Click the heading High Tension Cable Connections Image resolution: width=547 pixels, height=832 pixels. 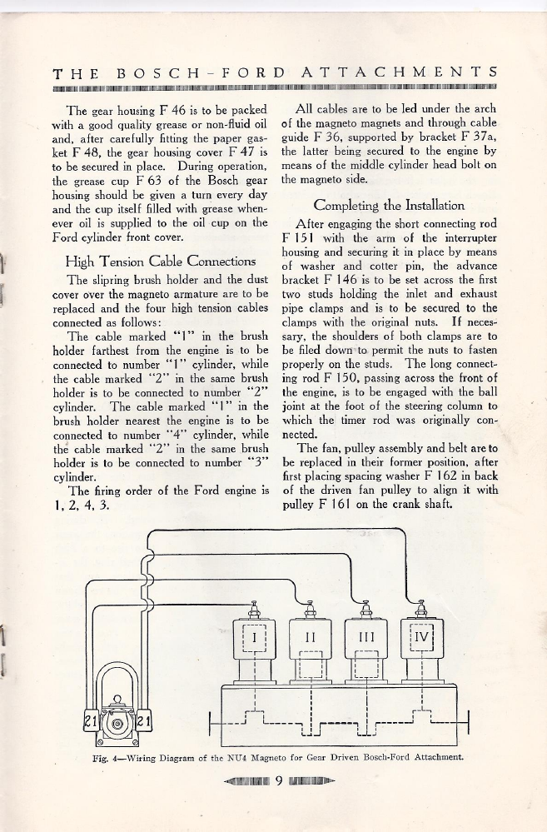tap(154, 262)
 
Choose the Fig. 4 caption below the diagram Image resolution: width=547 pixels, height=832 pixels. tap(276, 758)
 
